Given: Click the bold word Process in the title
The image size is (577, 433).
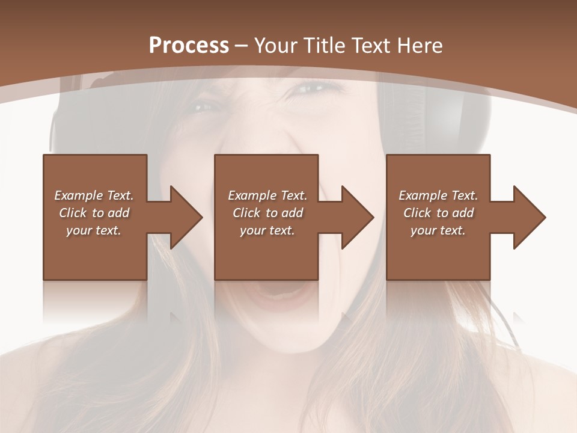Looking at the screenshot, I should pyautogui.click(x=189, y=46).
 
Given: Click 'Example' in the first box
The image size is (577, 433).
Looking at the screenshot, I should pyautogui.click(x=79, y=195).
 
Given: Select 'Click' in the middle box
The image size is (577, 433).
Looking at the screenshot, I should pyautogui.click(x=246, y=213).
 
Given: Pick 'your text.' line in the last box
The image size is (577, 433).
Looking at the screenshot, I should pyautogui.click(x=438, y=230).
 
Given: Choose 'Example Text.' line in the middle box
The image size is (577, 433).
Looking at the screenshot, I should pyautogui.click(x=267, y=195).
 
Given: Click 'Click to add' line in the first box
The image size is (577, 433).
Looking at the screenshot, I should pyautogui.click(x=94, y=213).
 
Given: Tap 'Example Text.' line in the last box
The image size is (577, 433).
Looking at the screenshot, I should pyautogui.click(x=438, y=195).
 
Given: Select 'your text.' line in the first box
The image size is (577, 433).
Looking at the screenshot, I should pyautogui.click(x=94, y=230).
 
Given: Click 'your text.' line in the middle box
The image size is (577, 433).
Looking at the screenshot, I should pyautogui.click(x=267, y=230).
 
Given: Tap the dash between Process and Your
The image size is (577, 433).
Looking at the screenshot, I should pyautogui.click(x=242, y=46).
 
